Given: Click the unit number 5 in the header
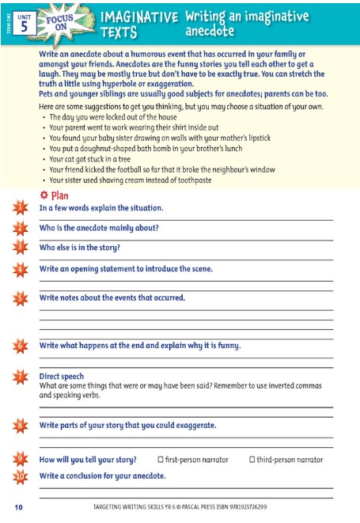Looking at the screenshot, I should (x=25, y=25).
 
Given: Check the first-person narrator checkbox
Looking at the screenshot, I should (x=161, y=459).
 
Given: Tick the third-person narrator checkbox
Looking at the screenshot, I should (x=252, y=459).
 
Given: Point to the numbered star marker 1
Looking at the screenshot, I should (x=20, y=208).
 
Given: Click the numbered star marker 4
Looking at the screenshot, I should (x=20, y=269).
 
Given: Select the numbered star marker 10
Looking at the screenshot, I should (x=20, y=476).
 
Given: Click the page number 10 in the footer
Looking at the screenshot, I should (x=18, y=506).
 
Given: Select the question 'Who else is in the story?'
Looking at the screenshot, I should (x=80, y=248).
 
